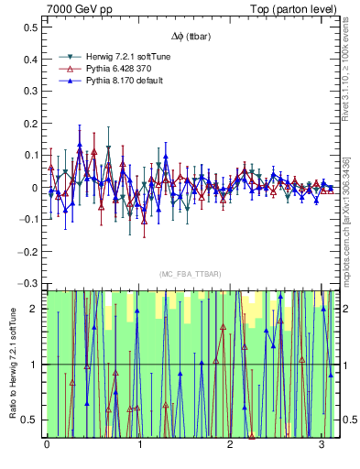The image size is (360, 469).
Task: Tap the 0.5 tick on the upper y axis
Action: pyautogui.click(x=30, y=28)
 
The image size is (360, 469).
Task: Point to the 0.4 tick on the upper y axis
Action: pyautogui.click(x=30, y=60)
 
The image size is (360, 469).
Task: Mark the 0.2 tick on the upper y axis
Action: pyautogui.click(x=30, y=124)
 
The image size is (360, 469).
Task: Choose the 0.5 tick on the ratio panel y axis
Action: pyautogui.click(x=30, y=420)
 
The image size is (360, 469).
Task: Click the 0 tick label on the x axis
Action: pyautogui.click(x=47, y=445)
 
